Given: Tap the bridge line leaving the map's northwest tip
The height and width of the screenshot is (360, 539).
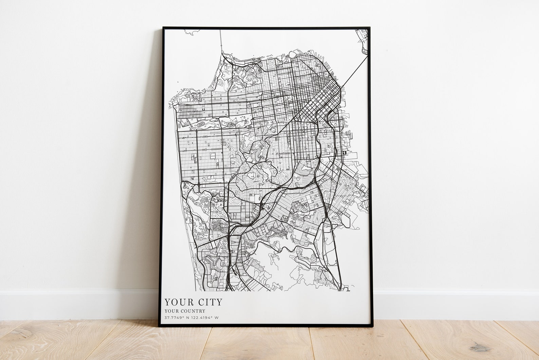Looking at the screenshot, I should coord(220,41).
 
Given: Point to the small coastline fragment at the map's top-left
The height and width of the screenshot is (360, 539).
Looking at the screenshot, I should coord(190,33).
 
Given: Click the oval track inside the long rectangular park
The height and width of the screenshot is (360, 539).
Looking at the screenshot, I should coord(201,125).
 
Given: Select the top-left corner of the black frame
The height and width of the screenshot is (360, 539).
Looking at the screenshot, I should coord(163,28).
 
